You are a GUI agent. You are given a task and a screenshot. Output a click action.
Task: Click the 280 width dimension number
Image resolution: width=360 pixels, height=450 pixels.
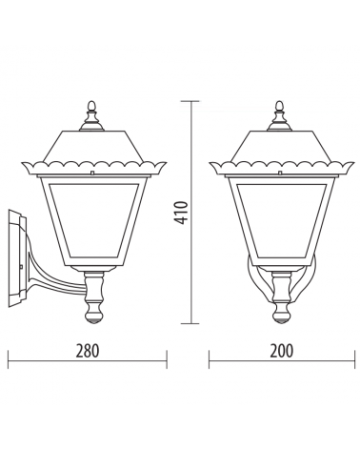88,351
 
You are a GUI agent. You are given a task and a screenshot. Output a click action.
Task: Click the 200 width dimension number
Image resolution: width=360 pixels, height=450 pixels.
282,351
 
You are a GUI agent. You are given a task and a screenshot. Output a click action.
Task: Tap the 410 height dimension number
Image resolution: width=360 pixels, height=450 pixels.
182,213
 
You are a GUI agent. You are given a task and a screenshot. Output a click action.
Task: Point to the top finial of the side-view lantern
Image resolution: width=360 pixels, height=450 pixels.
91,115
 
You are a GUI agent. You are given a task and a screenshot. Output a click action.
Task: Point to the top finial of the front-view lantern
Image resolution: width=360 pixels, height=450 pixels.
279,115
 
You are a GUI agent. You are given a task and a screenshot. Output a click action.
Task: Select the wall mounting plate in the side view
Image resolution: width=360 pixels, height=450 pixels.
17,258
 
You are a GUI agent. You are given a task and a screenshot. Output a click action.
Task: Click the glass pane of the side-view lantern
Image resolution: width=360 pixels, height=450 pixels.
94,220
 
